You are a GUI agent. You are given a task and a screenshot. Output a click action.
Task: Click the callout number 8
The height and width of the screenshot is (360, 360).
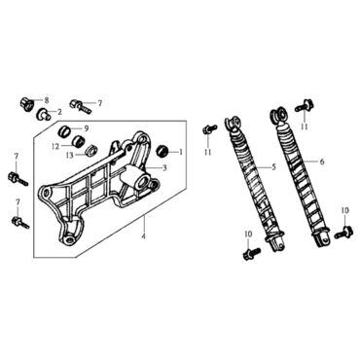tap(47, 100)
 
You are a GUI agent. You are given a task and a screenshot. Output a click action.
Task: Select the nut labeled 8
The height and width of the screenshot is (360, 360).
tap(27, 104)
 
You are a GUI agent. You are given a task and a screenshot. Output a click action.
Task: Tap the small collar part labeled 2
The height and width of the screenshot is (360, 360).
tap(45, 114)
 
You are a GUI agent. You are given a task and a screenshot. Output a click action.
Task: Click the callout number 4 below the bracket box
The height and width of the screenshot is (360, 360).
tap(144, 236)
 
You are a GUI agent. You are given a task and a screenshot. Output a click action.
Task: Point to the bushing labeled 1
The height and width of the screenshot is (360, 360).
tap(162, 151)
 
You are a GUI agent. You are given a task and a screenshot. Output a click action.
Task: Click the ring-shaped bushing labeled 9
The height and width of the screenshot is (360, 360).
tap(64, 131)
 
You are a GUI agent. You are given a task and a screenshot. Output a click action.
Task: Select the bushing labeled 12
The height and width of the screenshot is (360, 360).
tap(78, 142)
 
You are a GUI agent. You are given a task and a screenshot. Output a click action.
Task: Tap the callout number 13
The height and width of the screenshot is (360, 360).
tap(70, 156)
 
